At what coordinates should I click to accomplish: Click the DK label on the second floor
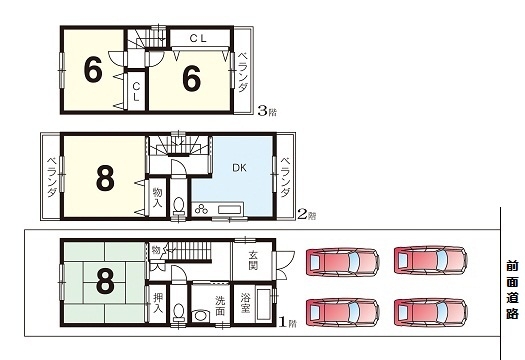pos(239,167)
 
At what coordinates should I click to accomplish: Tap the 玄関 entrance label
pos(253,261)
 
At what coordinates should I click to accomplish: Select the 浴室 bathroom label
pos(245,303)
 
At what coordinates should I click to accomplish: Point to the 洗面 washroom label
pos(220,305)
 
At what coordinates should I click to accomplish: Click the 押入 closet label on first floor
pos(158,303)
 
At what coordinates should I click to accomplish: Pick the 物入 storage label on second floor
pos(157,197)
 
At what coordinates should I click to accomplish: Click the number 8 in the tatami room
pos(105,282)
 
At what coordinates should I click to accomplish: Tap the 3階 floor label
pos(267,111)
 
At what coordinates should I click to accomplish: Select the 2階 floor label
pos(307,214)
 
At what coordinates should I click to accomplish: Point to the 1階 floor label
pos(288,323)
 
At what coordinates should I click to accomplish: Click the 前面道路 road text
pos(512,289)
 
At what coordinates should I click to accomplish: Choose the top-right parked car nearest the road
pos(431,261)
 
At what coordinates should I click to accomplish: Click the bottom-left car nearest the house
pos(342,312)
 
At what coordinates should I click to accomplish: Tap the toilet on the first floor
pos(179,312)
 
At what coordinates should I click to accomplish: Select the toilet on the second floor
pos(179,205)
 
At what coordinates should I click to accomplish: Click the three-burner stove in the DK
pos(201,210)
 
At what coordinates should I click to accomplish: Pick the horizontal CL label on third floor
pos(198,39)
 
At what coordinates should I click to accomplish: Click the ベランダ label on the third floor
pos(242,72)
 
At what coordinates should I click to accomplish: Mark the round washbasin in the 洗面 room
pos(201,316)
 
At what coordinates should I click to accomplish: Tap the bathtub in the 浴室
pos(264,304)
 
